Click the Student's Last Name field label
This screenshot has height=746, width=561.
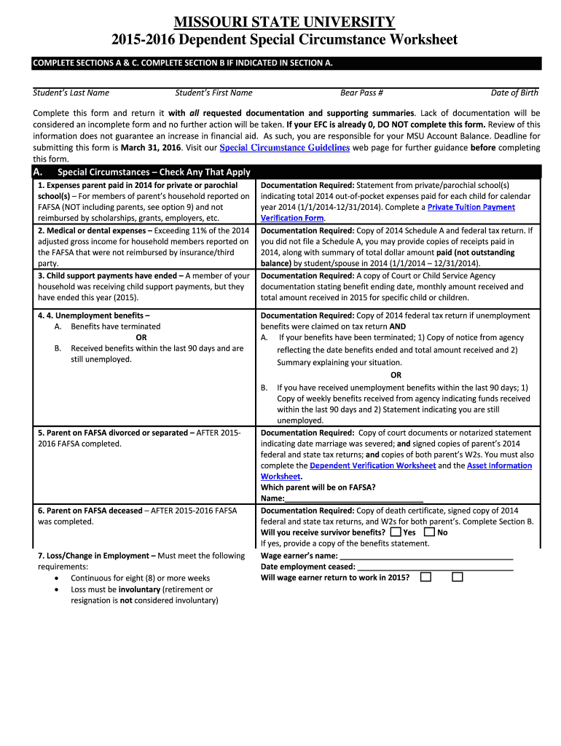tap(71, 93)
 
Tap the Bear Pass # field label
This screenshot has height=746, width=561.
tap(361, 93)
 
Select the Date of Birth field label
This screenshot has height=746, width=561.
tap(514, 93)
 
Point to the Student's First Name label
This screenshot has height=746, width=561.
tap(213, 93)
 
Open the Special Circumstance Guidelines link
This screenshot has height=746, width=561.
tap(284, 148)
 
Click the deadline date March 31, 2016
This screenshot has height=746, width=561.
tap(151, 148)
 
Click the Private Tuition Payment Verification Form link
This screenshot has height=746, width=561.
tap(471, 208)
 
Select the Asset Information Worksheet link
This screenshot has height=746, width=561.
tap(499, 466)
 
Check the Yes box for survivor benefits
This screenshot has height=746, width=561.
tap(396, 533)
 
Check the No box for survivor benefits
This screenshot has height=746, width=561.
tap(429, 533)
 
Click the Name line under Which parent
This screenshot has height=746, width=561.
tap(353, 500)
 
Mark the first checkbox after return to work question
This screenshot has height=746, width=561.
tap(425, 578)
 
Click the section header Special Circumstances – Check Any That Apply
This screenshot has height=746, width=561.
tap(154, 172)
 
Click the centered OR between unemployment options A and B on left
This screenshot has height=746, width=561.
tap(141, 337)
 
